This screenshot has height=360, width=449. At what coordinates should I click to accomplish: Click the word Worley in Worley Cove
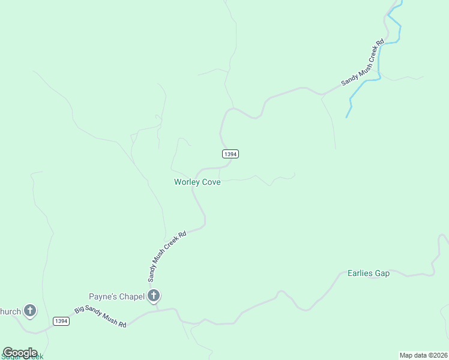(x=186, y=182)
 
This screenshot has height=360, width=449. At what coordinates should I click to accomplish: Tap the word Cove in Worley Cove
(x=211, y=182)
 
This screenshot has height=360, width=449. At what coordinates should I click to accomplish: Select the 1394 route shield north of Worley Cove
(x=231, y=154)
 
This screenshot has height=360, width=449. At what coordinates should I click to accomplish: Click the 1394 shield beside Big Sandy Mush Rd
(x=61, y=321)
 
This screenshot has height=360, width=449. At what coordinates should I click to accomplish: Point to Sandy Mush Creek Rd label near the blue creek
(x=363, y=64)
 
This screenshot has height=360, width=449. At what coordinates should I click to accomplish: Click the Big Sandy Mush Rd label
(x=100, y=317)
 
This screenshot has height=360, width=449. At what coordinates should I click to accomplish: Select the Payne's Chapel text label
(x=116, y=296)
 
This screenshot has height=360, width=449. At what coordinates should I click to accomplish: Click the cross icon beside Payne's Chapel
(x=154, y=295)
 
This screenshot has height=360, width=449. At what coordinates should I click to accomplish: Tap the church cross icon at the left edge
(x=29, y=311)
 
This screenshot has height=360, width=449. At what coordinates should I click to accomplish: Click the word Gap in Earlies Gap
(x=382, y=274)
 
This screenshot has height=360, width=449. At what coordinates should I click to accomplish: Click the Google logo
(x=20, y=353)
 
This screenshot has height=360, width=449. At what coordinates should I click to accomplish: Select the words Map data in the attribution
(x=413, y=355)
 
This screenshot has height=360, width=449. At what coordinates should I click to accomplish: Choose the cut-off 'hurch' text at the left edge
(x=10, y=311)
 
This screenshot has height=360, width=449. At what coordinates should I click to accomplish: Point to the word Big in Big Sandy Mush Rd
(x=79, y=310)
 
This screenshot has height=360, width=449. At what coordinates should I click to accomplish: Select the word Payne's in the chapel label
(x=102, y=296)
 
